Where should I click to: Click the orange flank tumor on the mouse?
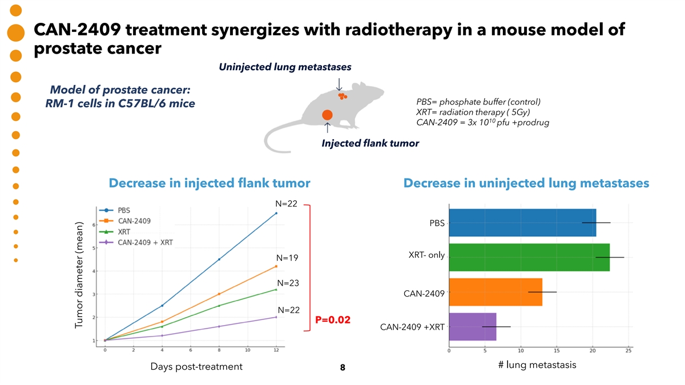327,115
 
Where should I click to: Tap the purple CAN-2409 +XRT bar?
473,327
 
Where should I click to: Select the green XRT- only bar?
529,257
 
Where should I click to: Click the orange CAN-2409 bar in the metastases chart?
495,292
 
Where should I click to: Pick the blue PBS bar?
523,222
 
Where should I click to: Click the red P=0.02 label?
333,320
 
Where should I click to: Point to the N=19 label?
287,258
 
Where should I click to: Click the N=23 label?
288,283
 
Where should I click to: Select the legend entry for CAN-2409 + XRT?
136,242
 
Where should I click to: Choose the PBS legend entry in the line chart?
115,210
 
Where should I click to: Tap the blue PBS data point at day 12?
276,213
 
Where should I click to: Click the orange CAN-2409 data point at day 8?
219,294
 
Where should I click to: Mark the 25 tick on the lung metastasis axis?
628,351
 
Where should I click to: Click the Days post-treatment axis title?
196,367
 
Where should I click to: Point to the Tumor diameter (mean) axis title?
79,275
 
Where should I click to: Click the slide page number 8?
342,367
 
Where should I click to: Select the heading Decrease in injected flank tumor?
209,183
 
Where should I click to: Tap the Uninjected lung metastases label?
285,67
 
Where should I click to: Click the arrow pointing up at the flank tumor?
327,127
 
